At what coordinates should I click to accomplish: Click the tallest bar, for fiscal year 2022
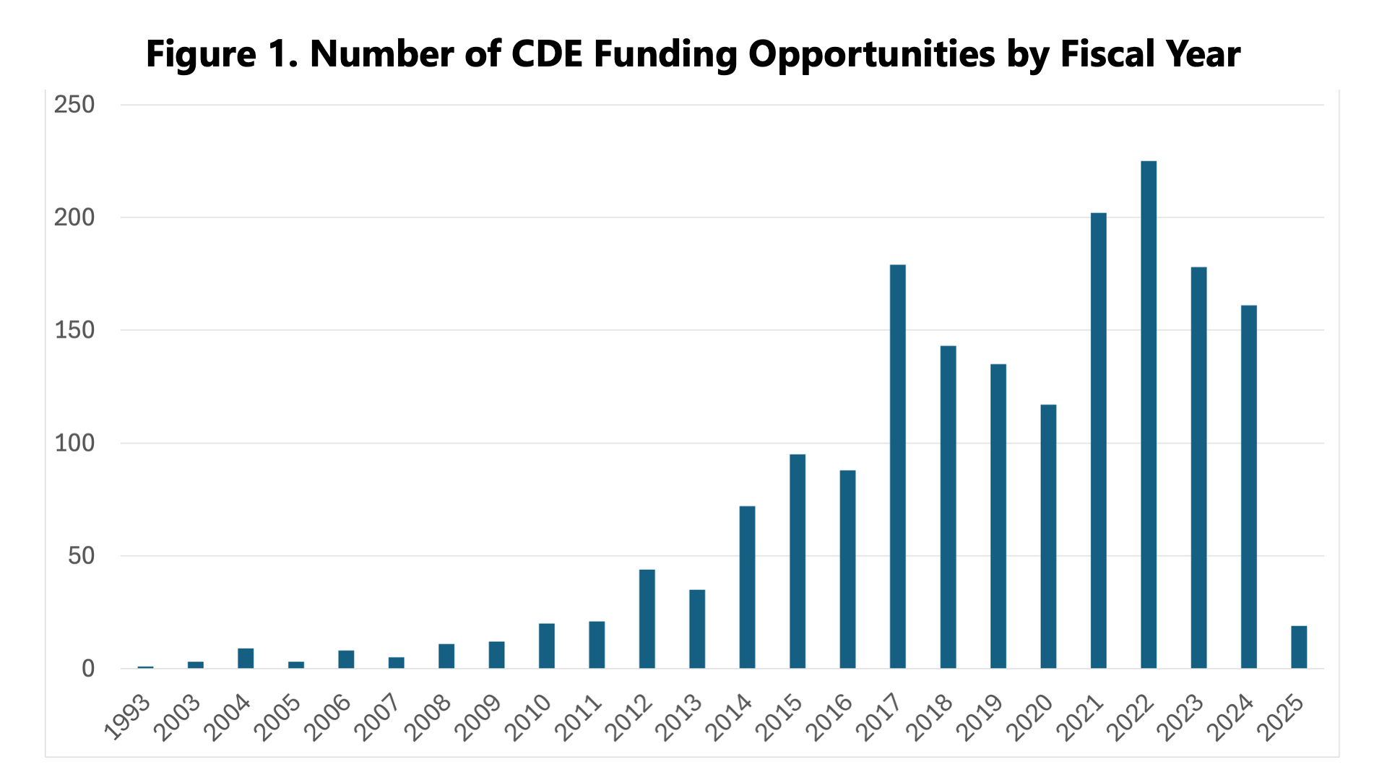pos(1148,415)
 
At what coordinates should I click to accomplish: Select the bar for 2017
pos(897,467)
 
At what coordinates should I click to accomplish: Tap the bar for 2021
pos(1098,441)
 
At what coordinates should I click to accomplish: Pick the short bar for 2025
pos(1298,647)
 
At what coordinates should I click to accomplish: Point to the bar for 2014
pos(747,587)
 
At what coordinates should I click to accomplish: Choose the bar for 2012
pos(647,619)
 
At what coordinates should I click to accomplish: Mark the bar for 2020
pos(1047,537)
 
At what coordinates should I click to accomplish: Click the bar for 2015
pos(797,561)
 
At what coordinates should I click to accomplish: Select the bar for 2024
pos(1248,487)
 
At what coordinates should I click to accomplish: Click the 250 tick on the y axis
pos(74,105)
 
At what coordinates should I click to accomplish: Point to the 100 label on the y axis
pos(74,443)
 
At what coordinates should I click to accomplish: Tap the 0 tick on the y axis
pos(87,669)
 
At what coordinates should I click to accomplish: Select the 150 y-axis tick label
pos(74,331)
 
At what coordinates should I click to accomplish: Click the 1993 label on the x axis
pos(128,719)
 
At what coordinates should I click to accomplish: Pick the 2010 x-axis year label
pos(529,719)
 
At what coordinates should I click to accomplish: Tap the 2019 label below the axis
pos(980,719)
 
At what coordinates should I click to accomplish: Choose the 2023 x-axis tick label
pos(1180,719)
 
